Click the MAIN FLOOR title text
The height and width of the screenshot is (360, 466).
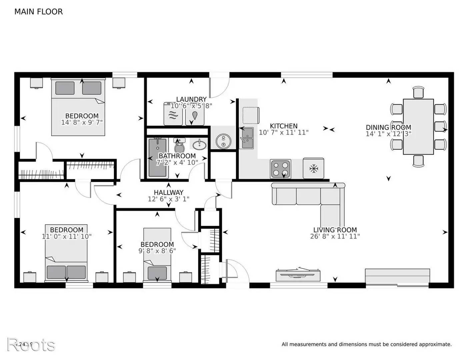(x=38, y=12)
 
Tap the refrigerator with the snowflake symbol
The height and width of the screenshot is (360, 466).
(x=313, y=168)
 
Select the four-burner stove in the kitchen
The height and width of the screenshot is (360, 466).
(x=280, y=169)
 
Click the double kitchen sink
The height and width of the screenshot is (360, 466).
(x=247, y=138)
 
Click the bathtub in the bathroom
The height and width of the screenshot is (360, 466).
(x=157, y=158)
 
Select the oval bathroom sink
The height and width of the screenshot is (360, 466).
(x=200, y=145)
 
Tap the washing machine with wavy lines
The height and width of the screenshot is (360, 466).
(x=173, y=114)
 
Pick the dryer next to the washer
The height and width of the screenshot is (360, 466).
(x=195, y=114)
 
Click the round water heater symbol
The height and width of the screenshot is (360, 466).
(x=222, y=141)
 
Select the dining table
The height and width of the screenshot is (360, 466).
(x=418, y=127)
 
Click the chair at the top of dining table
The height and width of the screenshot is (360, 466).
(x=418, y=92)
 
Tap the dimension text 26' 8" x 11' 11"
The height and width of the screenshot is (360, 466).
(x=335, y=236)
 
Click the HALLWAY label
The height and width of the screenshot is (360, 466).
(x=168, y=192)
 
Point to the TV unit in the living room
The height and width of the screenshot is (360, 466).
(x=298, y=275)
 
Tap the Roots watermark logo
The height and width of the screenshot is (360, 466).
(x=31, y=344)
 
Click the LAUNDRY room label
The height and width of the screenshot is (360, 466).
(x=191, y=99)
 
